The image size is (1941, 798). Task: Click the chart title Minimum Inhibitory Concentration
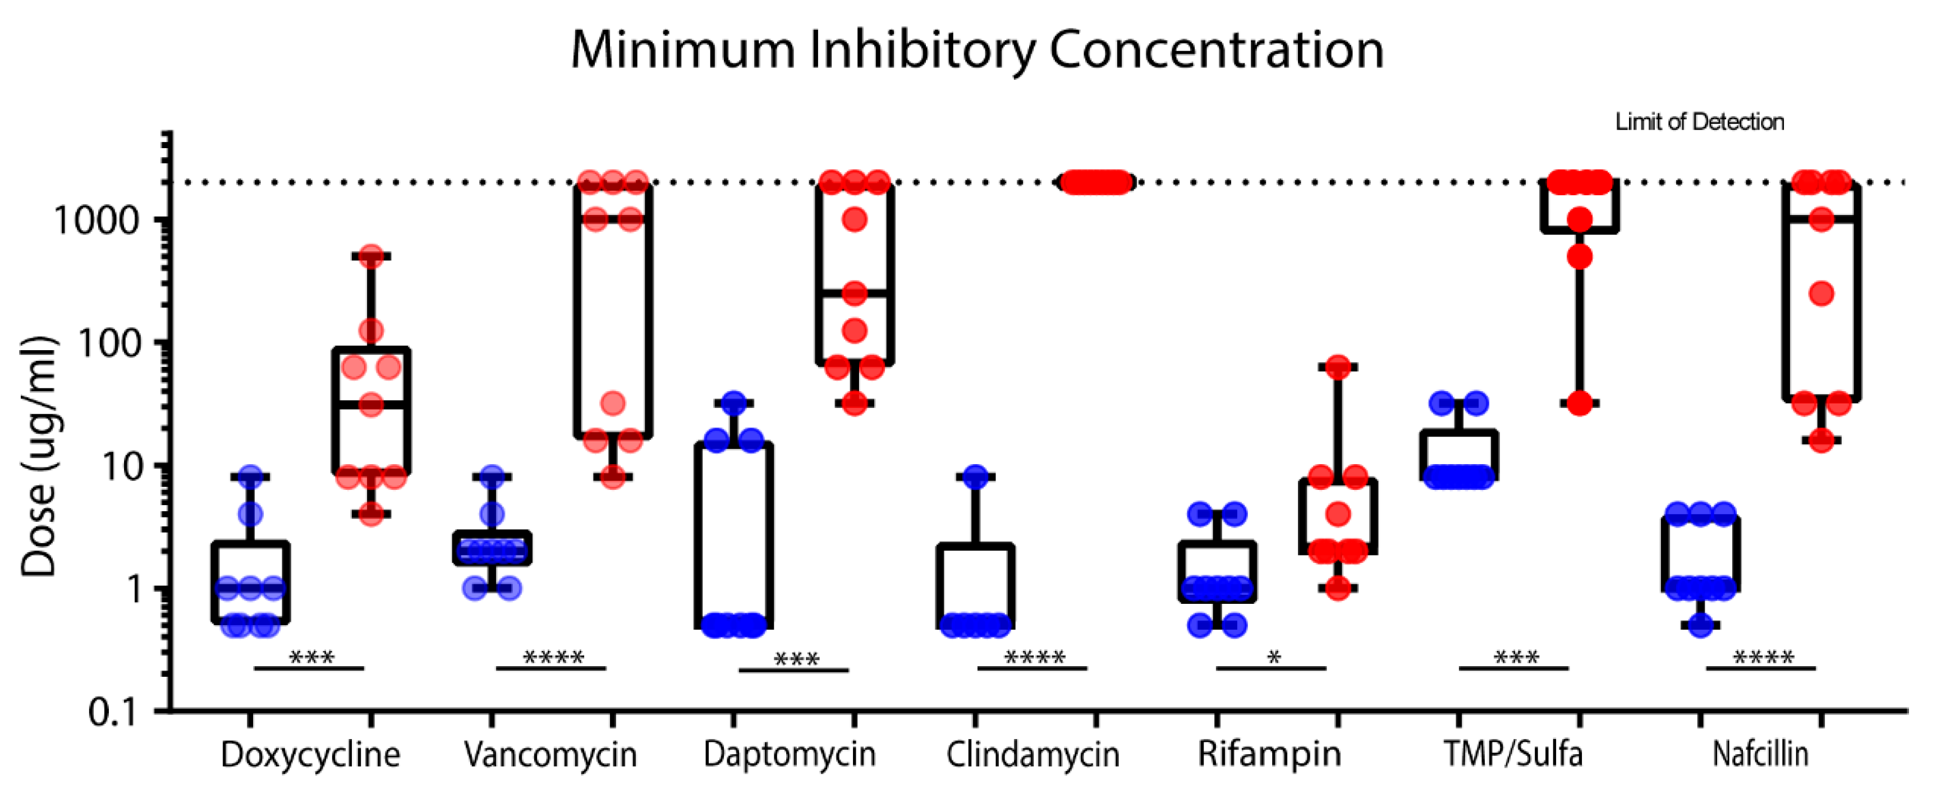[976, 50]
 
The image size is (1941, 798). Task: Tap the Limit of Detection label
[1699, 122]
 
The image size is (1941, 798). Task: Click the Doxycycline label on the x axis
[310, 754]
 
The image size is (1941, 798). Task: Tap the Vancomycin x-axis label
[551, 754]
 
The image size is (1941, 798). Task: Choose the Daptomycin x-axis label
[790, 754]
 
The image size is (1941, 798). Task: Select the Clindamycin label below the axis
[1033, 754]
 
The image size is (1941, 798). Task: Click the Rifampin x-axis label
[1270, 754]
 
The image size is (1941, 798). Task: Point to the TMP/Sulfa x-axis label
[1513, 754]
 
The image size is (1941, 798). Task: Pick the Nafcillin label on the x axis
[1760, 754]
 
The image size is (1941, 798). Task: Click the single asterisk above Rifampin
[1273, 658]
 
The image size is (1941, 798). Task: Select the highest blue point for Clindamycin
[976, 477]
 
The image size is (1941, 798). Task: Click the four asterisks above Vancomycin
[553, 658]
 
